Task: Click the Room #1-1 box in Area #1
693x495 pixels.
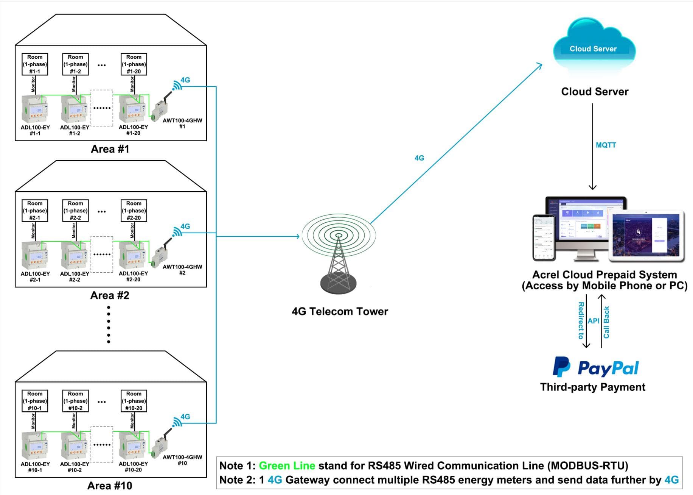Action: [x=35, y=64]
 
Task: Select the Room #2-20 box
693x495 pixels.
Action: [x=134, y=211]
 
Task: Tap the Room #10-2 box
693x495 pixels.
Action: [x=75, y=401]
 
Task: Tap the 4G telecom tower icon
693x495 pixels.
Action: [x=339, y=254]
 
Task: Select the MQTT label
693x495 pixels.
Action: [x=606, y=145]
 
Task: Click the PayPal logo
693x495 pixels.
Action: [x=595, y=367]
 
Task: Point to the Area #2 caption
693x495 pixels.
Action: [x=110, y=295]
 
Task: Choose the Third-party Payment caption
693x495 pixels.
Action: [x=592, y=387]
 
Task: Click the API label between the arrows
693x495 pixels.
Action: [x=594, y=321]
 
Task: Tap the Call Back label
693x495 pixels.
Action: [x=606, y=322]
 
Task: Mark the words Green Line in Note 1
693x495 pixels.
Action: [x=287, y=465]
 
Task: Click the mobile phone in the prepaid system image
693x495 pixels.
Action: [x=544, y=237]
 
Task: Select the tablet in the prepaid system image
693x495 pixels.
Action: [x=646, y=236]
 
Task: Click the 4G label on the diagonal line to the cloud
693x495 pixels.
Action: [x=419, y=158]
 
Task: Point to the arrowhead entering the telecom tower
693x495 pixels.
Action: [x=298, y=236]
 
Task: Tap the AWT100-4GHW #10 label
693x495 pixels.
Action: [x=182, y=460]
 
